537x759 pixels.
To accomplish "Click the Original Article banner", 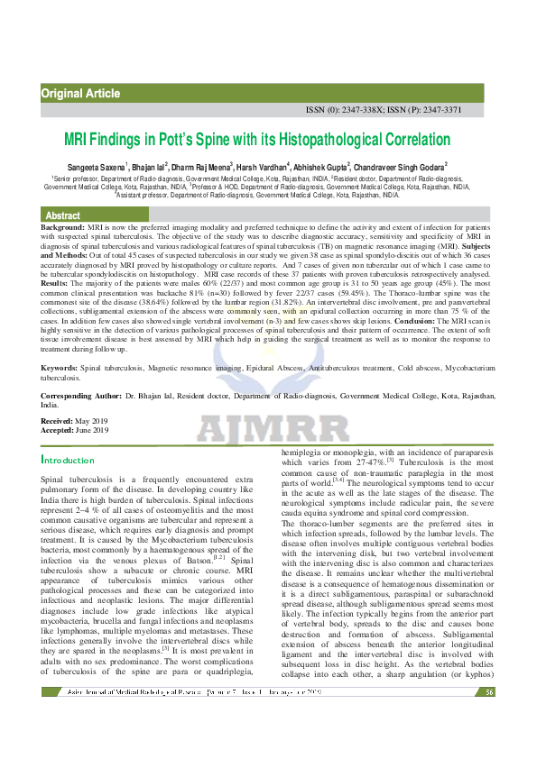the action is point(81,94).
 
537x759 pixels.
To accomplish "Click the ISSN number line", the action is point(384,110).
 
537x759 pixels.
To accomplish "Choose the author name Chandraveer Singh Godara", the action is point(401,167).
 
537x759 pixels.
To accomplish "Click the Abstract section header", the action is point(63,216).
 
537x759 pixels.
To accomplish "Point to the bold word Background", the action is point(62,229).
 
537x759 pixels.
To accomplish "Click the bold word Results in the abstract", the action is point(60,282).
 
